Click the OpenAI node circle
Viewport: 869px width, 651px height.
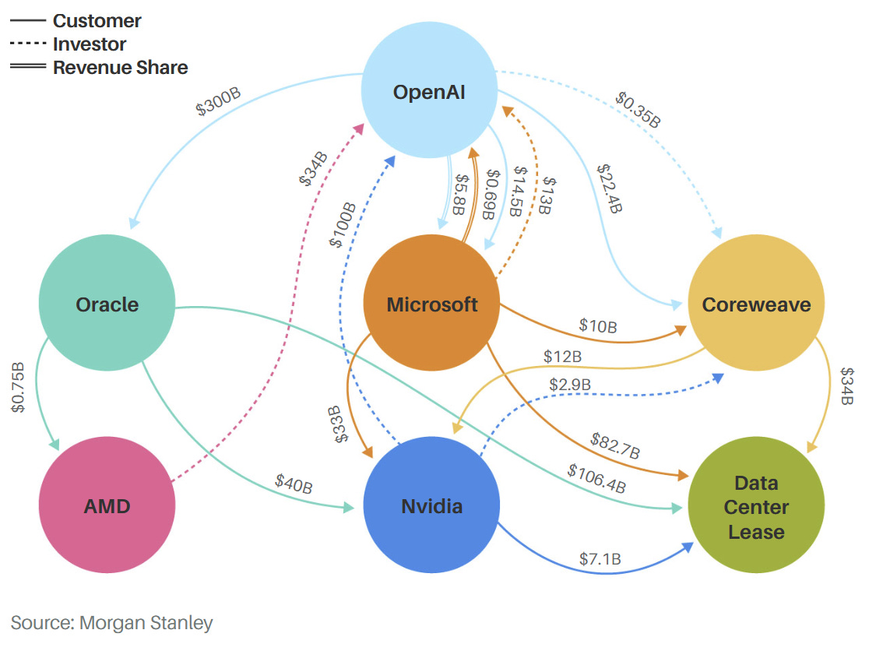point(429,92)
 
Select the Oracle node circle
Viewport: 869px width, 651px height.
point(107,304)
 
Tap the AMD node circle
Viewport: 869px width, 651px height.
point(107,506)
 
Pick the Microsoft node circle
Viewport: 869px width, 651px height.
point(432,304)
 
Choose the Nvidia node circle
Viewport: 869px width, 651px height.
point(431,506)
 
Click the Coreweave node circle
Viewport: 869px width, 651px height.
point(756,304)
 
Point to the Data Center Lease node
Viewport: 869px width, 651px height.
point(756,507)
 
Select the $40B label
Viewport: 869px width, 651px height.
point(294,484)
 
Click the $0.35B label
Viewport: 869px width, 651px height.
point(638,109)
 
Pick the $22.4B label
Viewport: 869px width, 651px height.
point(609,187)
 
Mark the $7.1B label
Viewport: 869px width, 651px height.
point(600,558)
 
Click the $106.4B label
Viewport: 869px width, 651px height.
point(596,477)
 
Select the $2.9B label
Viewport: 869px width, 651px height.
point(569,384)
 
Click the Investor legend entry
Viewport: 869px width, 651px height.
point(89,44)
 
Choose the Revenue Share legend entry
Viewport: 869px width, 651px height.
point(120,68)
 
